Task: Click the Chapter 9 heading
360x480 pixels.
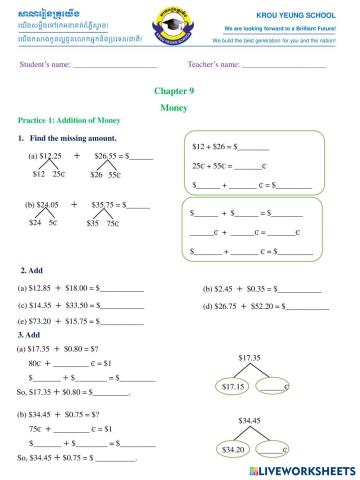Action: pyautogui.click(x=179, y=90)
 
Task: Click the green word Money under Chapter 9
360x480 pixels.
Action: pyautogui.click(x=179, y=105)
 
